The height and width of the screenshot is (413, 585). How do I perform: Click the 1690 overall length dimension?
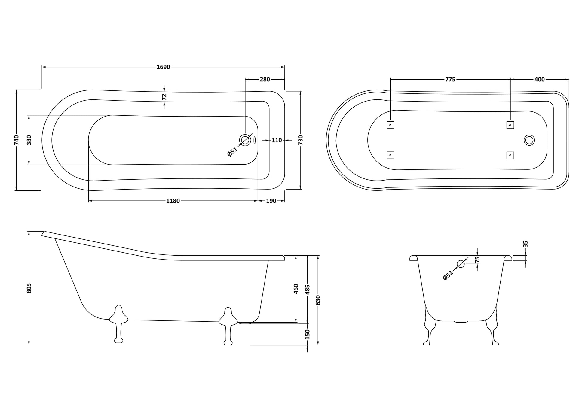tap(163, 67)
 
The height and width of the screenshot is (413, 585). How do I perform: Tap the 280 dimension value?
tap(265, 80)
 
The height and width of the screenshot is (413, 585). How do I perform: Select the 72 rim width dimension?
tap(164, 97)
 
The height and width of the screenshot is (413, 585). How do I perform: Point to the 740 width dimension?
tap(17, 140)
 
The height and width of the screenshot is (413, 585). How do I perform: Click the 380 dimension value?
tap(29, 140)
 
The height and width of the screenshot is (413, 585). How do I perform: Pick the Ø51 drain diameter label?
tap(232, 152)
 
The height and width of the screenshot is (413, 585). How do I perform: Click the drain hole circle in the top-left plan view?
tap(245, 140)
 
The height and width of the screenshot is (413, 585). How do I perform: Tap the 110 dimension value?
tap(277, 140)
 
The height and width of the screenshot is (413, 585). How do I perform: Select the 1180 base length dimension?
tap(173, 201)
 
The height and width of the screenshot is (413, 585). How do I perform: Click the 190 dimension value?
tap(271, 201)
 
